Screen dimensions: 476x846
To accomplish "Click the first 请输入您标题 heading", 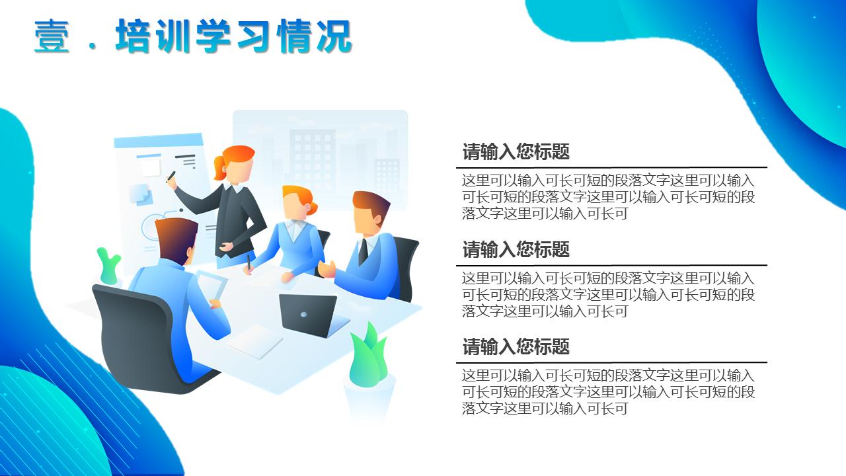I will tap(516, 152).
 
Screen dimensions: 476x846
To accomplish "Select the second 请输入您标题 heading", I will tap(516, 250).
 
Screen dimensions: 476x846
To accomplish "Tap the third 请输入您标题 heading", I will tap(516, 347).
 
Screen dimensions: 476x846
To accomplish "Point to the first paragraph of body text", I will tap(608, 197).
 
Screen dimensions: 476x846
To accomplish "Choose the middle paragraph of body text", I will tap(608, 294).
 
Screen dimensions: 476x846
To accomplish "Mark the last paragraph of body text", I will tap(608, 392).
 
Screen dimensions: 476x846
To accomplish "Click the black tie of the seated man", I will tap(363, 251).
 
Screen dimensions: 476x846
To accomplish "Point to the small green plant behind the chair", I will tap(108, 266).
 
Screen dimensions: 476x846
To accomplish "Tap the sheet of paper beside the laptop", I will tap(254, 341).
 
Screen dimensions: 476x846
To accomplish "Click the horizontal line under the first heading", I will tap(611, 167).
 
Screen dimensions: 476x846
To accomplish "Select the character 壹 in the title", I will tap(52, 36).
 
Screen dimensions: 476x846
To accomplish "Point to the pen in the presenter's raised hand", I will tap(171, 177).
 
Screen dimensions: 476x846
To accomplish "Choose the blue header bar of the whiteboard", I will tap(159, 141).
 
